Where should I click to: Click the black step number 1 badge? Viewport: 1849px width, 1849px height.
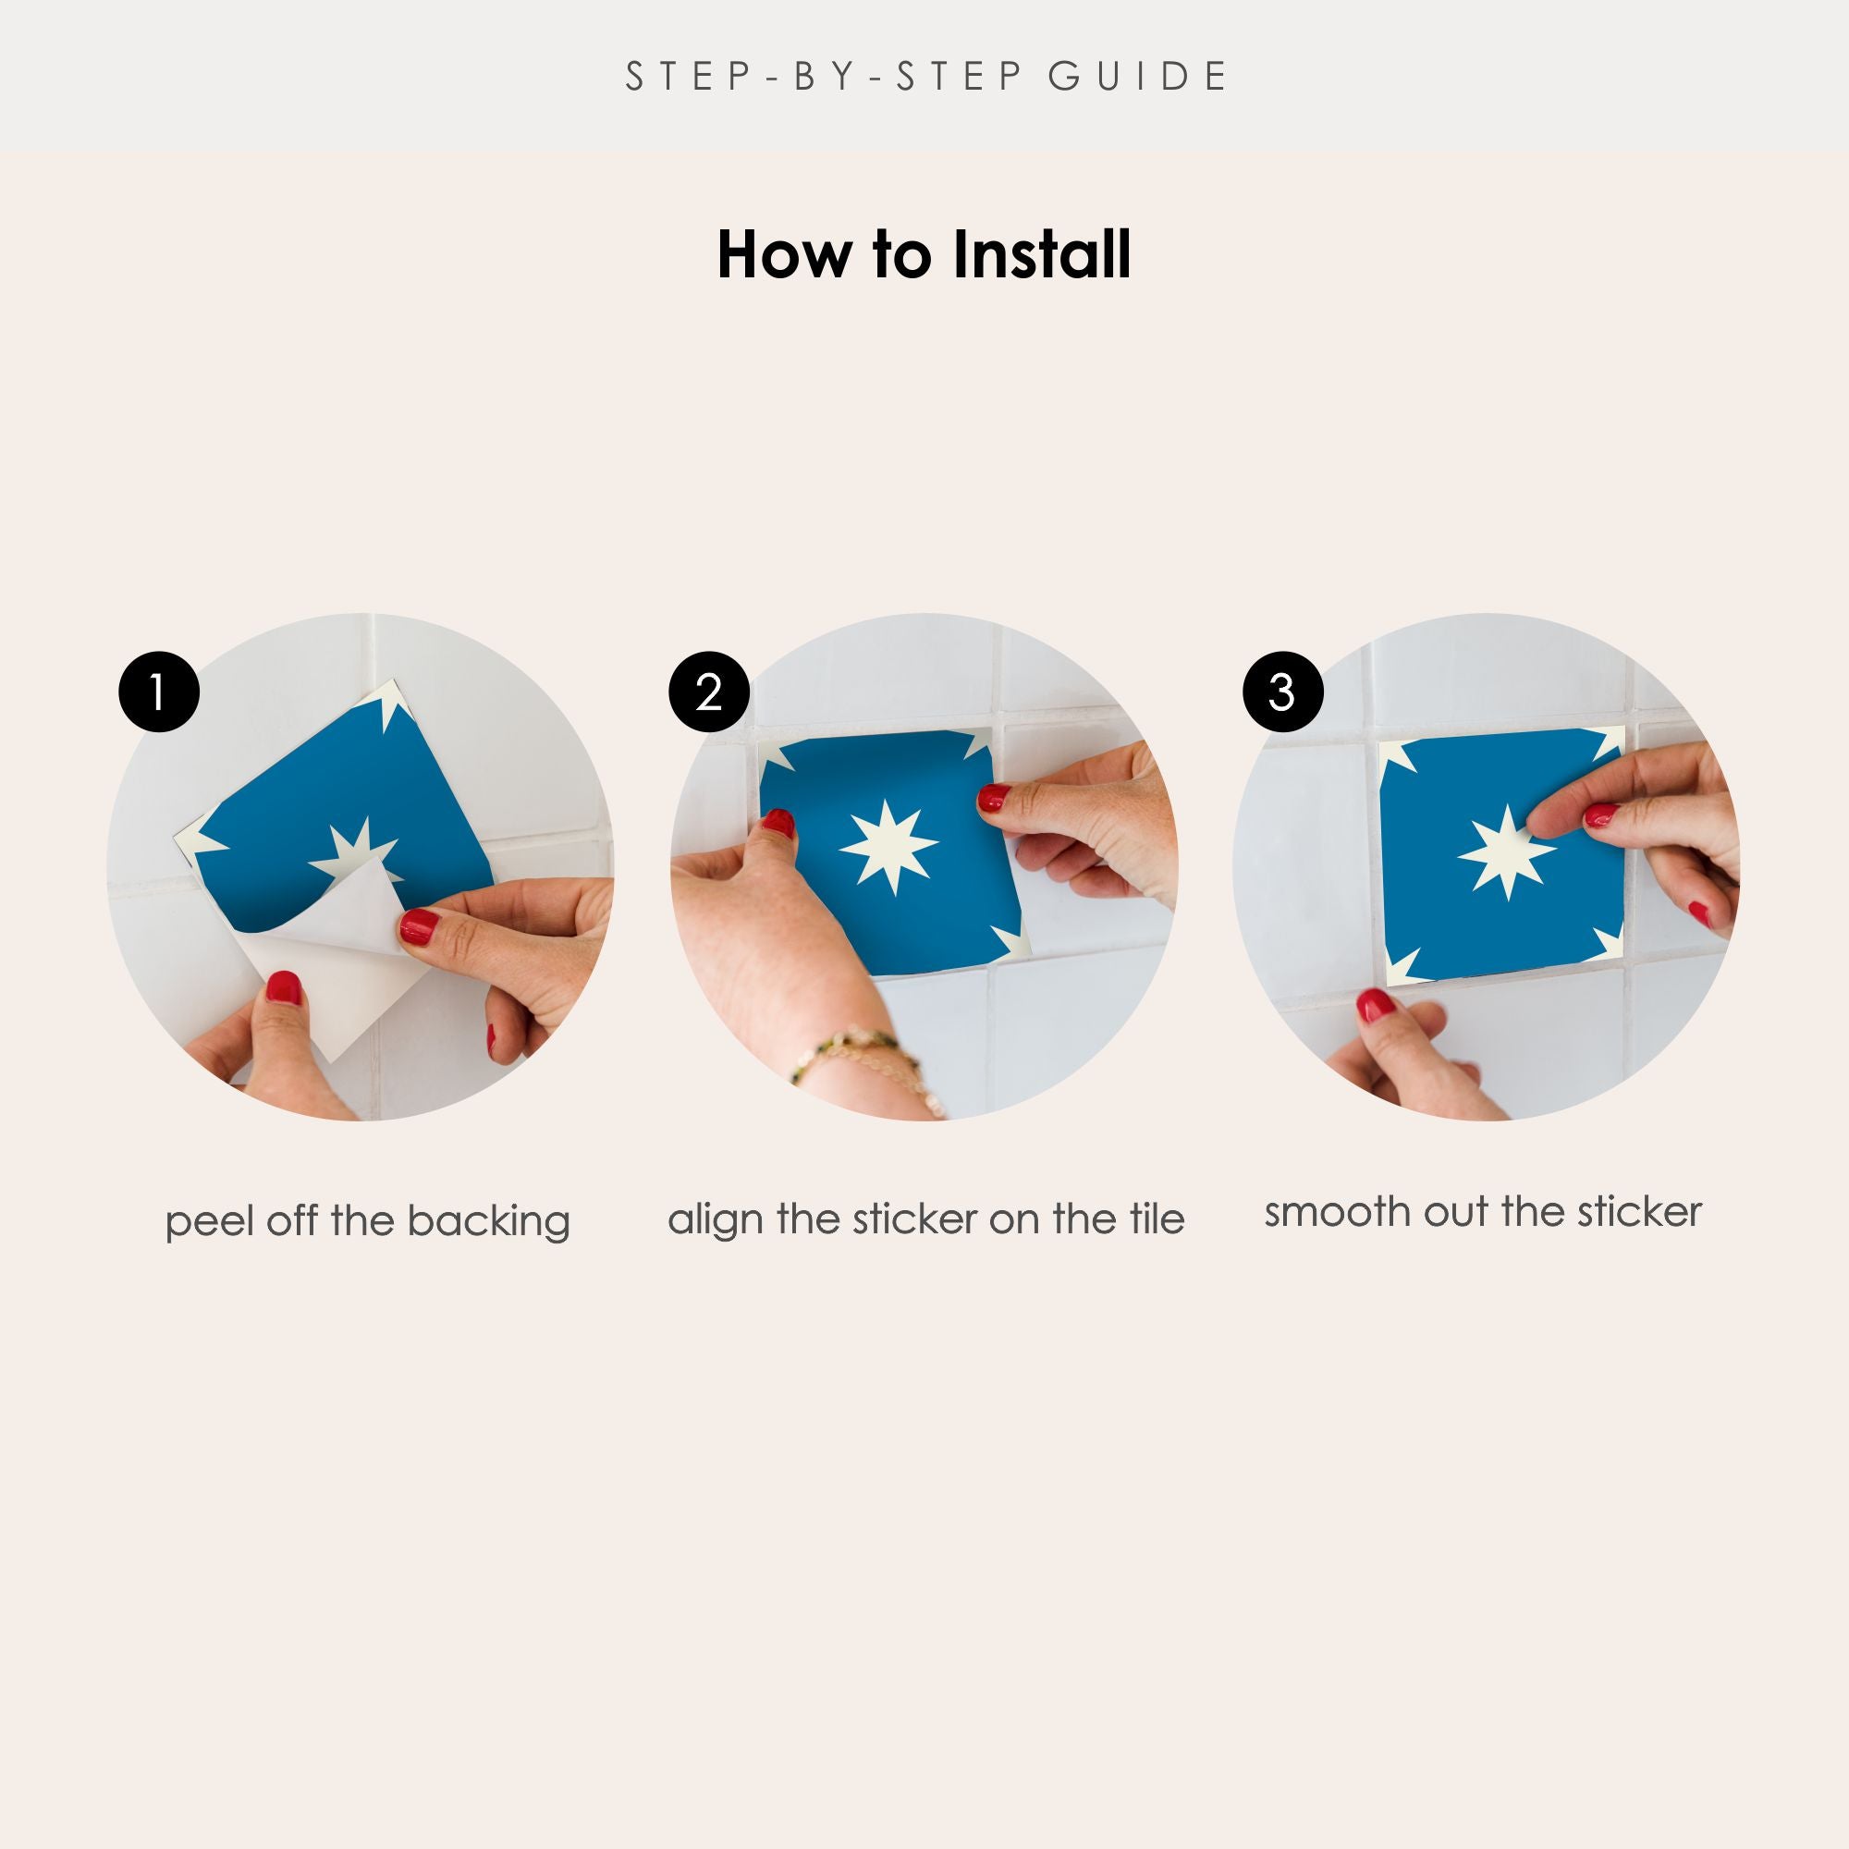(x=159, y=692)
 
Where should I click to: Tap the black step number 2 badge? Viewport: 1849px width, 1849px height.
(x=708, y=692)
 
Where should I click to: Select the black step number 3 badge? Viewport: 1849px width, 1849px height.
(x=1282, y=692)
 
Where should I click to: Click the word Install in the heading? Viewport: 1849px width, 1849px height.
(x=1041, y=255)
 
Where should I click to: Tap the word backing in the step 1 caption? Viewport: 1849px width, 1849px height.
(x=488, y=1222)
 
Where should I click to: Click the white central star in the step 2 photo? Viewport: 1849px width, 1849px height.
(x=888, y=845)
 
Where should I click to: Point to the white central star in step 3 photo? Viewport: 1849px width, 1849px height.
(x=1508, y=851)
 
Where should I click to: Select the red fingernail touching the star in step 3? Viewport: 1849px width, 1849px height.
(x=1599, y=815)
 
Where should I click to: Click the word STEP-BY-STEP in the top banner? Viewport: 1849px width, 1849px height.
(x=822, y=77)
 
